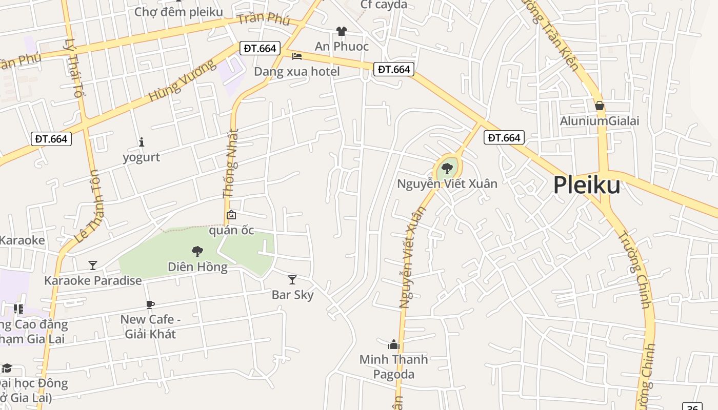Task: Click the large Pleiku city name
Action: tap(587, 185)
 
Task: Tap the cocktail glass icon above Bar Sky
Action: tap(292, 279)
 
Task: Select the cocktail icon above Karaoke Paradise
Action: tap(93, 265)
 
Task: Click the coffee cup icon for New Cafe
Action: tap(150, 304)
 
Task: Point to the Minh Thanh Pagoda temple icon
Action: tap(393, 344)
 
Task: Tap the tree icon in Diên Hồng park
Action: tap(197, 252)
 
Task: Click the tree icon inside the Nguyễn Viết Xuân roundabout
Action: tap(447, 168)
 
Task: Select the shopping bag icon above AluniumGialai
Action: tap(599, 106)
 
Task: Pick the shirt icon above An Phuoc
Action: tap(342, 31)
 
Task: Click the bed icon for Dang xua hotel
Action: tap(297, 56)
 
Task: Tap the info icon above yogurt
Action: tap(142, 142)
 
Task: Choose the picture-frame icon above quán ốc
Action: tap(231, 215)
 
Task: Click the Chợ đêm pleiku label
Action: tap(178, 12)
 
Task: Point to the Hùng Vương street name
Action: tap(183, 81)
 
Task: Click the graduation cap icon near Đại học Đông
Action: tap(7, 368)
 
